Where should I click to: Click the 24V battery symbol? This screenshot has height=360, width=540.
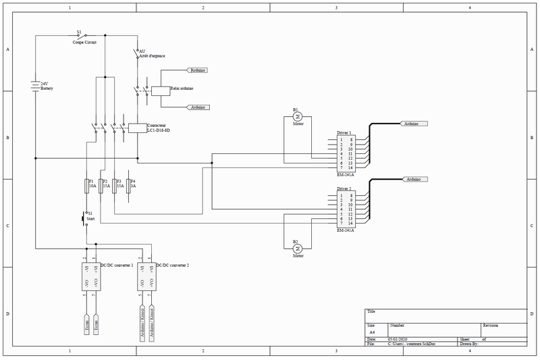tap(35, 86)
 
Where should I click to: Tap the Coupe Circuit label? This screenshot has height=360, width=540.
tap(85, 42)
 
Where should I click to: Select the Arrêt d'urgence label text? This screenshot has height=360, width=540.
tap(153, 55)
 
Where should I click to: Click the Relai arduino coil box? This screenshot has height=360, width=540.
tap(157, 91)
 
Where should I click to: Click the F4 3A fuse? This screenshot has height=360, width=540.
tap(128, 186)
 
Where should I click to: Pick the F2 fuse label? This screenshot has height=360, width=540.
tap(105, 181)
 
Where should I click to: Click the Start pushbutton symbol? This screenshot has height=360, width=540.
tap(84, 217)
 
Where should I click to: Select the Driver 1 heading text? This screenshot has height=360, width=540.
tap(344, 133)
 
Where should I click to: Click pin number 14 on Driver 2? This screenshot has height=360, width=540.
tap(351, 224)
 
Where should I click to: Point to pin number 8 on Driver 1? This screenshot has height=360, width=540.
tap(351, 140)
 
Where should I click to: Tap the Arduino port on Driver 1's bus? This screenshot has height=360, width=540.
tap(414, 124)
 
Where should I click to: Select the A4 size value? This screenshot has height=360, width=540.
tap(372, 332)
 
